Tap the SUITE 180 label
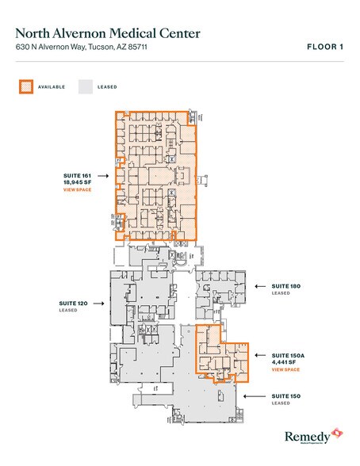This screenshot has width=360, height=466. click(285, 286)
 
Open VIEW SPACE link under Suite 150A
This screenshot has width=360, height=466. click(285, 370)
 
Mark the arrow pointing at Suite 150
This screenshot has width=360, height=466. click(259, 395)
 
